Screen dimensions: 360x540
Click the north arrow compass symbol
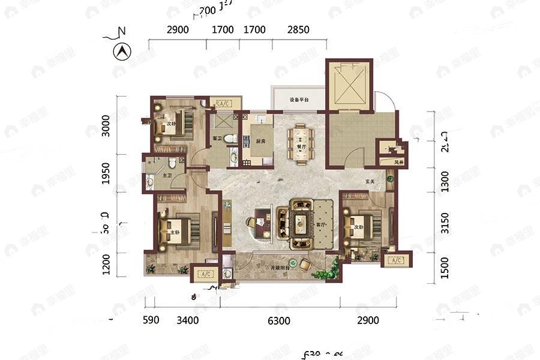pos(122,52)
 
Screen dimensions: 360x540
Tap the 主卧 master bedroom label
pos(175,233)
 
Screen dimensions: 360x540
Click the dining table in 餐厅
pos(300,143)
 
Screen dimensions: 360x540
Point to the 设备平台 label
pos(298,100)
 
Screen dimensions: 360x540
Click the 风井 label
pos(398,162)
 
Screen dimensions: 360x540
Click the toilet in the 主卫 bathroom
pos(172,162)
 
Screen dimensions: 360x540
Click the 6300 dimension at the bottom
pos(279,321)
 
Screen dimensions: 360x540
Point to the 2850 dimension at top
pos(298,29)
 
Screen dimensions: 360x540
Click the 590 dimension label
pos(151,320)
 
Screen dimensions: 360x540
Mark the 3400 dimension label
pos(188,320)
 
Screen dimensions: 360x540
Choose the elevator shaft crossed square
pos(349,85)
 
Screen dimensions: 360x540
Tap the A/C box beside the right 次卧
pos(395,260)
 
